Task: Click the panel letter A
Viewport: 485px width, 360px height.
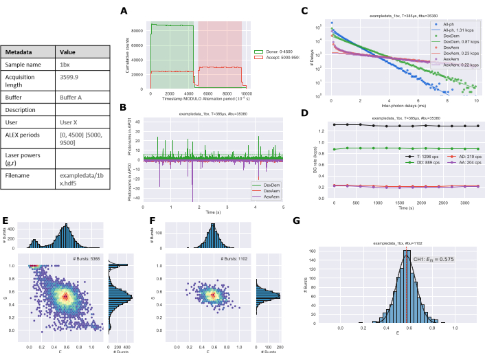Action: point(123,11)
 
